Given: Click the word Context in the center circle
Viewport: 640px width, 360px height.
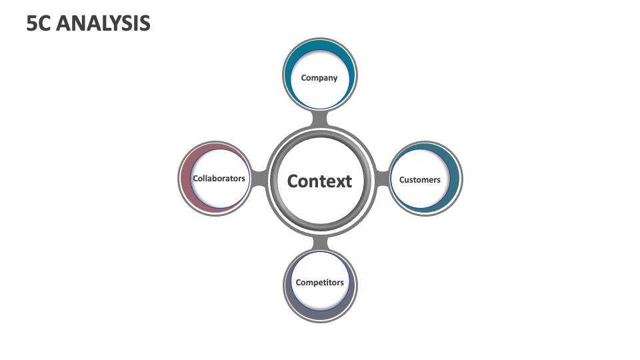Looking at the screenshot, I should coord(319,181).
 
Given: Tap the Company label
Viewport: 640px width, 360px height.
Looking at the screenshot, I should coord(319,78).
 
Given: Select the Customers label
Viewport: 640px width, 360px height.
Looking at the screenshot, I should coord(419,179).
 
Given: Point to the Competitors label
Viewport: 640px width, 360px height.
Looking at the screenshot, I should coord(320,282).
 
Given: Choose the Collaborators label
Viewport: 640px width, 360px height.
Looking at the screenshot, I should coord(219,179).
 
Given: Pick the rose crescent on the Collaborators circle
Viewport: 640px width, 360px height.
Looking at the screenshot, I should coord(187,179).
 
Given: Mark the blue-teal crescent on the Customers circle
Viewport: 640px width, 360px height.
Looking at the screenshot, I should coord(451,179).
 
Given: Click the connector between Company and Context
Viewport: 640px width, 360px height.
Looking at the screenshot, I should coord(320,119).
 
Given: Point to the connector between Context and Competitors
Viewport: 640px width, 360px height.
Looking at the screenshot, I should coord(320,241).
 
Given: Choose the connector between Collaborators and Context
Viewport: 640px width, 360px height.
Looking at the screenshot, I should coord(259,179).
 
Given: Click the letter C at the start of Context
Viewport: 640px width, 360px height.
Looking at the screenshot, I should coord(293,181).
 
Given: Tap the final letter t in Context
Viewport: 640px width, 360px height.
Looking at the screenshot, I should coord(348,181).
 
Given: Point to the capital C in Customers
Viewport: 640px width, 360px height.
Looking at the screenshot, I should coord(402,179).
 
